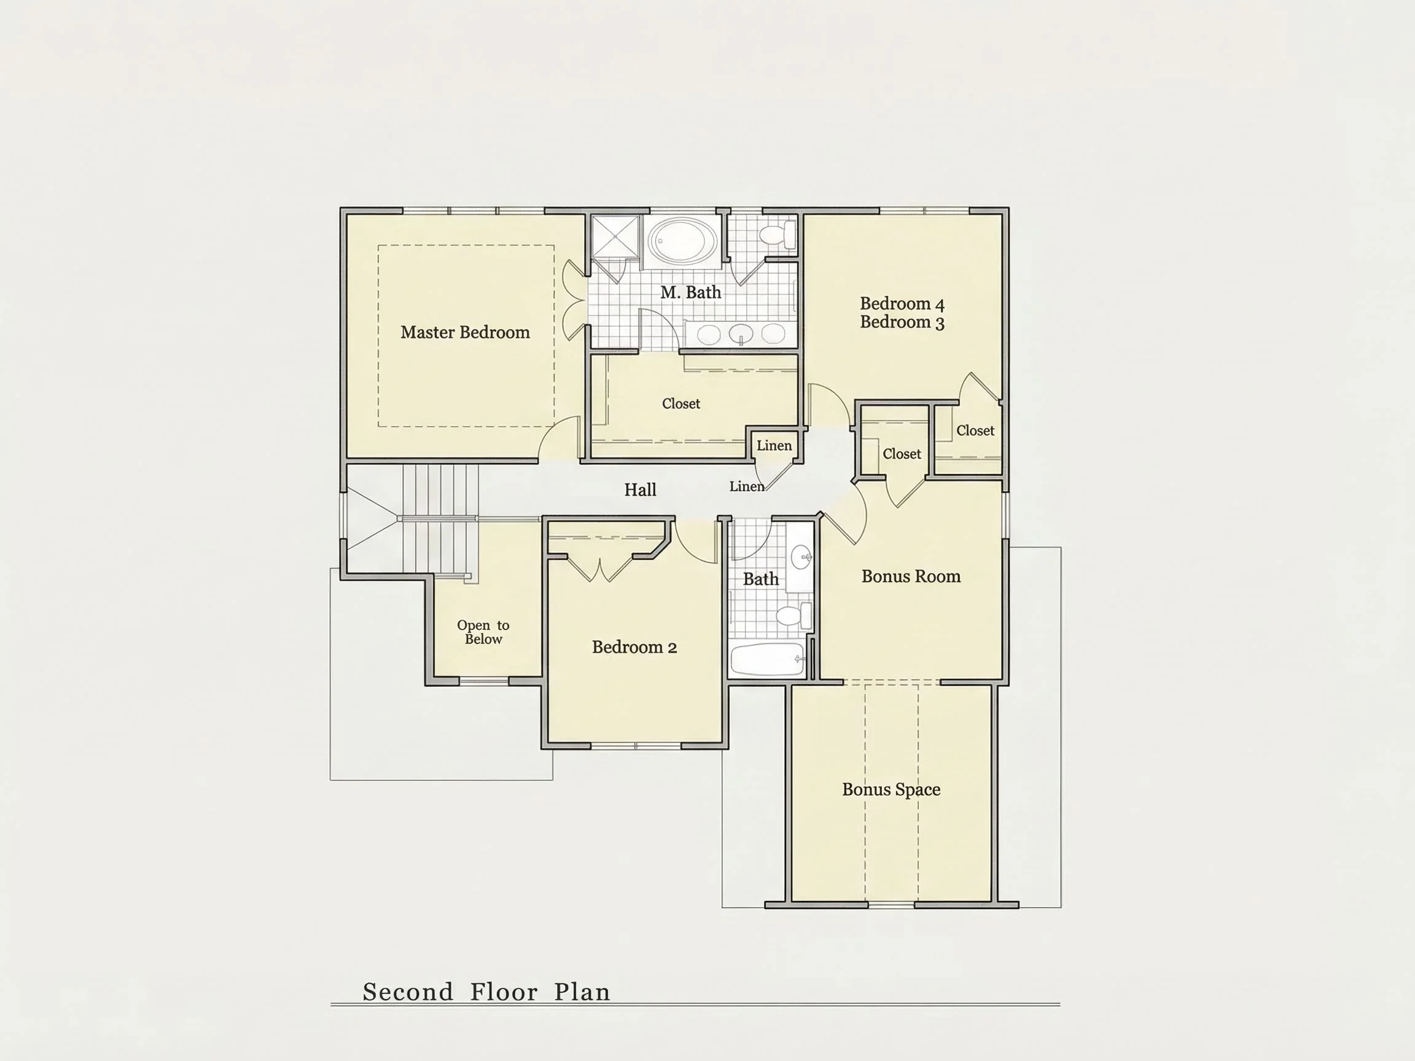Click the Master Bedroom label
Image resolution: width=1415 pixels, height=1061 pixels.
click(465, 333)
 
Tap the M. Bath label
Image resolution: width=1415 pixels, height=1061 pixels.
click(691, 292)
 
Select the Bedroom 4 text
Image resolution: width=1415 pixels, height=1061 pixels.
click(902, 303)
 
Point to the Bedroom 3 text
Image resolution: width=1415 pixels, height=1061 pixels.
click(902, 322)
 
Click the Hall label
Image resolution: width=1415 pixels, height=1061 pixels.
click(641, 490)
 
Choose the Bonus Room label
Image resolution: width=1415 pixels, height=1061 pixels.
click(911, 576)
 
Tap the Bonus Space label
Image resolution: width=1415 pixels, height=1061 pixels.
click(891, 790)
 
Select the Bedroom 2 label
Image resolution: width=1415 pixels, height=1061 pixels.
click(634, 647)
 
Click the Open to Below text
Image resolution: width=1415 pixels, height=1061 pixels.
click(483, 632)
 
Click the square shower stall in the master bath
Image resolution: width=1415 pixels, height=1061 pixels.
click(615, 236)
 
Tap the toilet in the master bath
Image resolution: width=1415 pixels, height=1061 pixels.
click(778, 234)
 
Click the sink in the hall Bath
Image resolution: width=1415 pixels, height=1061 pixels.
click(801, 557)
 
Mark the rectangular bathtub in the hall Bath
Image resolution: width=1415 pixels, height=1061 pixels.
click(767, 659)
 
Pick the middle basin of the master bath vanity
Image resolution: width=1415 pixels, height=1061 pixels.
click(741, 334)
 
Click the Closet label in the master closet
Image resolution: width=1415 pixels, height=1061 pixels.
click(680, 403)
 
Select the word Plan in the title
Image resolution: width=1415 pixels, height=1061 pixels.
click(582, 992)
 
